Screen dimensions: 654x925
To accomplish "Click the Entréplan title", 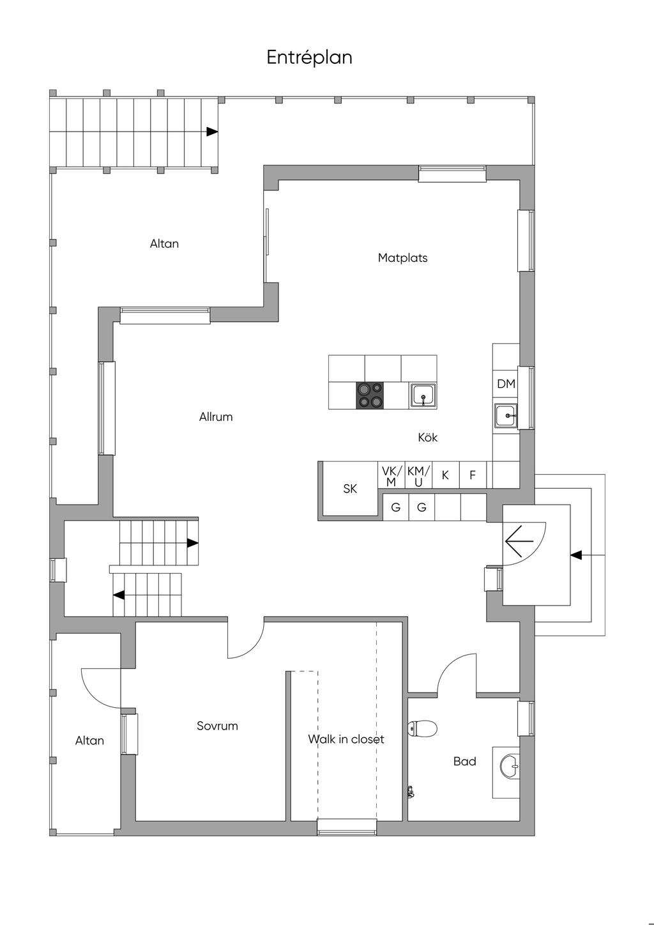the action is coord(309,57).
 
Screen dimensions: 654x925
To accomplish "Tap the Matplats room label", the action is coord(402,258).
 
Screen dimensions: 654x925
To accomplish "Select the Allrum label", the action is coord(216,417).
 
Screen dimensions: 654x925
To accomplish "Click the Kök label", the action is coord(427,438).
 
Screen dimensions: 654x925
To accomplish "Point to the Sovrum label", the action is coord(217,726).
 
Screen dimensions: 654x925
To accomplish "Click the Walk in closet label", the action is coord(346,740).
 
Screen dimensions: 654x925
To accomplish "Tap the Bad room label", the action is coord(465,761).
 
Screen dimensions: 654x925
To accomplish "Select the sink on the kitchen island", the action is coord(423,395).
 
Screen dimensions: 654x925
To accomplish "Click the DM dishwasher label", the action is coord(506,384).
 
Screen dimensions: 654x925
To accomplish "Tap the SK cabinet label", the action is coord(350,489).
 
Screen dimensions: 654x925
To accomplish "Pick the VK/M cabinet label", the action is coord(391,477).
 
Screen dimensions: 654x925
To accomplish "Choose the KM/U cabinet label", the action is coord(418,477).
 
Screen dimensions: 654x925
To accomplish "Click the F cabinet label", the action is coord(473,475).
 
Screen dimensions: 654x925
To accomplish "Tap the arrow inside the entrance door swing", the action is coord(519,542).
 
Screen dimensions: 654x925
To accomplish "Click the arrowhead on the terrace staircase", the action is coord(212,132).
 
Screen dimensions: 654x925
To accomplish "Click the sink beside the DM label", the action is coord(506,416).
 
